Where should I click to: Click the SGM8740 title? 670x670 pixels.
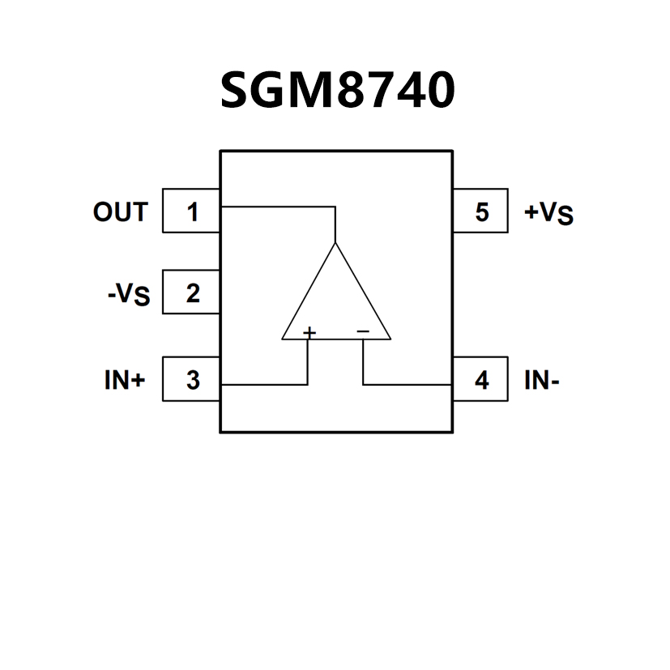pyautogui.click(x=337, y=90)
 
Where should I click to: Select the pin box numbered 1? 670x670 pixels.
pyautogui.click(x=191, y=211)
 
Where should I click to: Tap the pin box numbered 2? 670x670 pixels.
pyautogui.click(x=191, y=292)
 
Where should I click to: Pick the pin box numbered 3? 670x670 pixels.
pyautogui.click(x=191, y=379)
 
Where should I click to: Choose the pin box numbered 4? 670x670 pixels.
pyautogui.click(x=481, y=379)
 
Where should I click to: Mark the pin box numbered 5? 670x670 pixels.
pyautogui.click(x=481, y=211)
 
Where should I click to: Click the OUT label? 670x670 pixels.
pyautogui.click(x=120, y=212)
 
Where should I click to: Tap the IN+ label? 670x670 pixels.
pyautogui.click(x=124, y=380)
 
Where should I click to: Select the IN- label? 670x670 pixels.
pyautogui.click(x=542, y=380)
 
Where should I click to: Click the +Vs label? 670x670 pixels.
pyautogui.click(x=548, y=213)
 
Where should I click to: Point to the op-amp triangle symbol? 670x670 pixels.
pyautogui.click(x=335, y=300)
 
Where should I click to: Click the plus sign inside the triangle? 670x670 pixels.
pyautogui.click(x=309, y=331)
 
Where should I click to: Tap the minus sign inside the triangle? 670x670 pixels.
pyautogui.click(x=362, y=331)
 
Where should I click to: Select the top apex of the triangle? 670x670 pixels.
pyautogui.click(x=335, y=244)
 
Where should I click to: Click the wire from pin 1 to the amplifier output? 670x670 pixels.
pyautogui.click(x=275, y=207)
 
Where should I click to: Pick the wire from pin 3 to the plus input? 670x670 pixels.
pyautogui.click(x=263, y=384)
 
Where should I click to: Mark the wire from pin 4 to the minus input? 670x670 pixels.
pyautogui.click(x=405, y=384)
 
